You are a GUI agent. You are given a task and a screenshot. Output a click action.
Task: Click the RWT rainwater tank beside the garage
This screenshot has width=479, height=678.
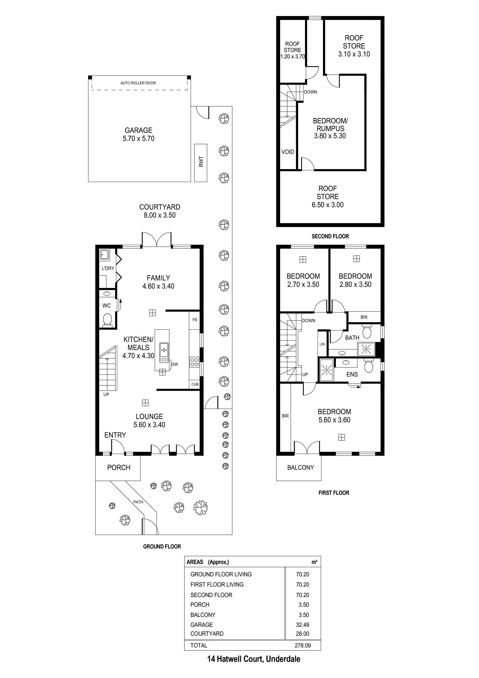pos(201,163)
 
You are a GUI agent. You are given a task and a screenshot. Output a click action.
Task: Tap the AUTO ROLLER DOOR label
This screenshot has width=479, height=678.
pos(138,83)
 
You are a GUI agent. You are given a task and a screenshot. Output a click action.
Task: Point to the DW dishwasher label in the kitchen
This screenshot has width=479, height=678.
pos(175,364)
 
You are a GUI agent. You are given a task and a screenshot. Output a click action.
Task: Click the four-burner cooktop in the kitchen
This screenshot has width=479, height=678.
pos(194,362)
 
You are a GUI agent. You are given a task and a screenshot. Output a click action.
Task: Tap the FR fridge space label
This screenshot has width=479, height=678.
pos(195,320)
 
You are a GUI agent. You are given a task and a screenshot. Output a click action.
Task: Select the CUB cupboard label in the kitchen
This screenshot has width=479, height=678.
pos(195,384)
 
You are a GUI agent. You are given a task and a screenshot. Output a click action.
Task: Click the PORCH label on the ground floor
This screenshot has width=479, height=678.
pos(119,468)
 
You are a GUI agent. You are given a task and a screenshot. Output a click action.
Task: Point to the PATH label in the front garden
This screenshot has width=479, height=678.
pos(138,502)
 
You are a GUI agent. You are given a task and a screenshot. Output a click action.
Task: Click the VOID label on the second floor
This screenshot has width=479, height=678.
pos(288,152)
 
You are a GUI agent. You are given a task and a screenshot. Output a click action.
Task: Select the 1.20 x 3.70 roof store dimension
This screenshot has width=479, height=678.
pos(292,56)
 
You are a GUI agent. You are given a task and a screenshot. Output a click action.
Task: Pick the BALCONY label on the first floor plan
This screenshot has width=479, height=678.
pos(301,468)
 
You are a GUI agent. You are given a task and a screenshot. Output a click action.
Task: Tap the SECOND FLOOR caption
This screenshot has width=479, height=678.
pos(330,236)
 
